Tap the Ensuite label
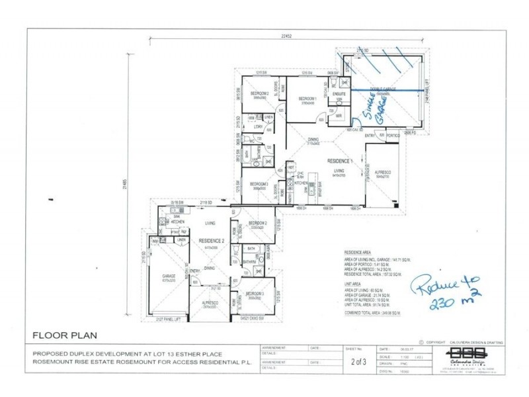pos(340,95)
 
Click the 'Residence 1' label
pos(342,160)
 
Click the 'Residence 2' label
pos(212,240)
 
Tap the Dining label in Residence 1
pos(313,140)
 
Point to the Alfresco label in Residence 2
pos(210,304)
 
